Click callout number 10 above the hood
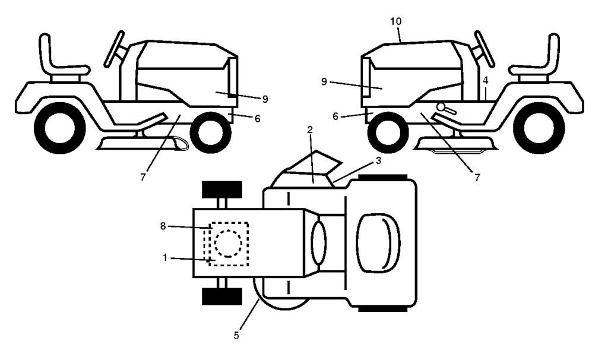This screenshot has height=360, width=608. pyautogui.click(x=396, y=21)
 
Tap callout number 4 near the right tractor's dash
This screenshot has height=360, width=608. pyautogui.click(x=486, y=81)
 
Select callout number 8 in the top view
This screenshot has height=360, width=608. pyautogui.click(x=163, y=226)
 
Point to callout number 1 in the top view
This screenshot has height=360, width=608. pyautogui.click(x=165, y=258)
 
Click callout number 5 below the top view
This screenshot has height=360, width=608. pyautogui.click(x=236, y=335)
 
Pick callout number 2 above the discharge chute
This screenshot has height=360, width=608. pyautogui.click(x=310, y=130)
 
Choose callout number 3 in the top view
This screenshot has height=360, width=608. pyautogui.click(x=378, y=160)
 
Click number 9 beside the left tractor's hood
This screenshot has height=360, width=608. pyautogui.click(x=265, y=99)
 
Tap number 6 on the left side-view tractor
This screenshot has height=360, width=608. pyautogui.click(x=258, y=119)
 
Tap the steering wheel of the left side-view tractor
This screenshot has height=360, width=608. pyautogui.click(x=115, y=49)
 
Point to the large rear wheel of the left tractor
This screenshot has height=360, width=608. pyautogui.click(x=59, y=128)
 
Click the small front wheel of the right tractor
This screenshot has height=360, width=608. pyautogui.click(x=388, y=132)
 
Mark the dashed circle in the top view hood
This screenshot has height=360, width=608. pyautogui.click(x=229, y=244)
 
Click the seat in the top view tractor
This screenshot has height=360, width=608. pyautogui.click(x=378, y=243)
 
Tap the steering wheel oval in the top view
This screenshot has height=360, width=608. pyautogui.click(x=318, y=243)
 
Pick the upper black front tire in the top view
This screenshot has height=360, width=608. pyautogui.click(x=222, y=190)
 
